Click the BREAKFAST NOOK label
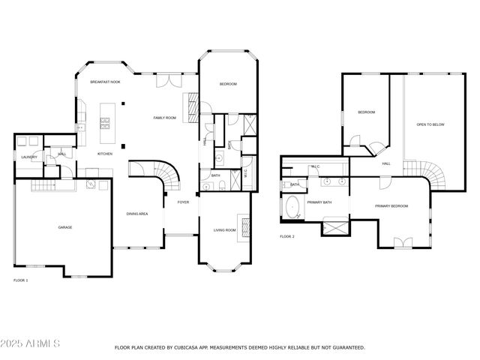click(105, 82)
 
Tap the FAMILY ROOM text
click(164, 118)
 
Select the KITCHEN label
click(105, 154)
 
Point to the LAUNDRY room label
click(29, 157)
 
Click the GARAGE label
click(65, 227)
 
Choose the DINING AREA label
click(136, 213)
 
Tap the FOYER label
click(183, 202)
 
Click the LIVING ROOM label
click(225, 230)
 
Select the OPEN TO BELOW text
click(430, 124)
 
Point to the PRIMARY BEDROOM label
click(391, 205)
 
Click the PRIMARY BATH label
click(319, 202)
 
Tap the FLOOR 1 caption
click(21, 280)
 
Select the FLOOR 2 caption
click(287, 236)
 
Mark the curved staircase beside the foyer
click(169, 177)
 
